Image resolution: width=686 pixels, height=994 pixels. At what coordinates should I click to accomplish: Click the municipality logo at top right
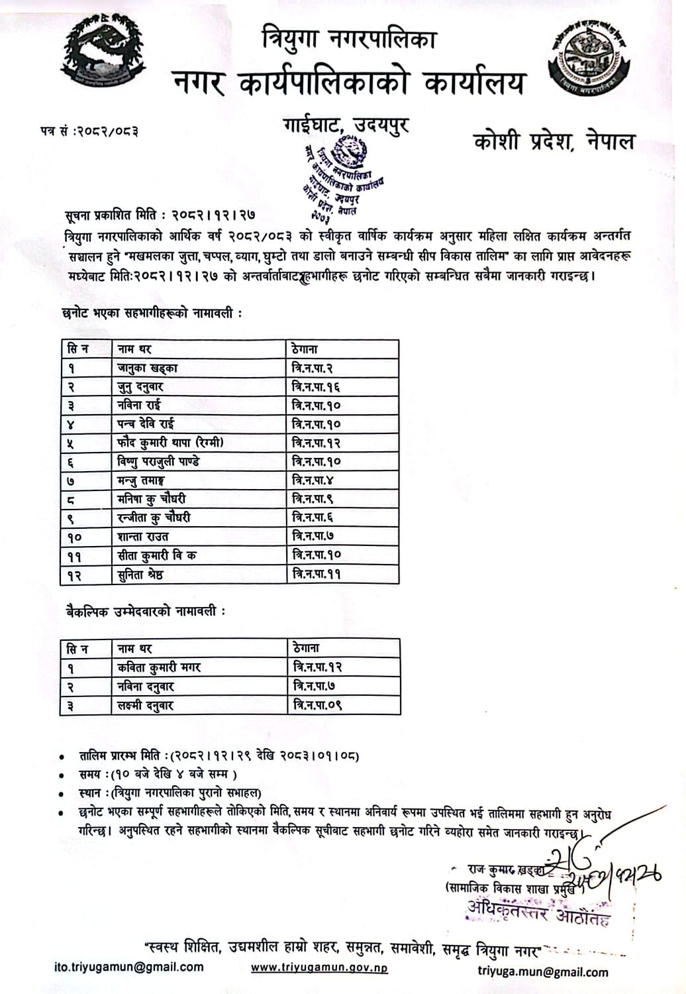(x=588, y=61)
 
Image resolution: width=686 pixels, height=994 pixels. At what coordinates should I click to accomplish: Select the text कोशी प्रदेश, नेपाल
(x=554, y=141)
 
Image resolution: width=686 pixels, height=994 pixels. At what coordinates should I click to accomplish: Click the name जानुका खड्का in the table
(x=147, y=368)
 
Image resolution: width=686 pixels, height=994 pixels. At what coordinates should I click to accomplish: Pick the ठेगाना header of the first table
(x=305, y=349)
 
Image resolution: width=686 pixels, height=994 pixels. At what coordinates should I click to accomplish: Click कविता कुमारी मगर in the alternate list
(x=159, y=667)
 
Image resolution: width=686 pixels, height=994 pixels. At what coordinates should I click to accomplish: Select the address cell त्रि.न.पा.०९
(x=318, y=705)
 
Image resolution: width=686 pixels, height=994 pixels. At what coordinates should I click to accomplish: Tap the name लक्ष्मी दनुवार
(x=145, y=705)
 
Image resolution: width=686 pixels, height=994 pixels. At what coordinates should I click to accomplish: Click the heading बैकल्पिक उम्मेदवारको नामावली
(x=145, y=612)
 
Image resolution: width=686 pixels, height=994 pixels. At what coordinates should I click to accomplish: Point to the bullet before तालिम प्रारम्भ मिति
(x=62, y=756)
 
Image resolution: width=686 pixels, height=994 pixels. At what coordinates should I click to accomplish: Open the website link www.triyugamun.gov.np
(x=319, y=967)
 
